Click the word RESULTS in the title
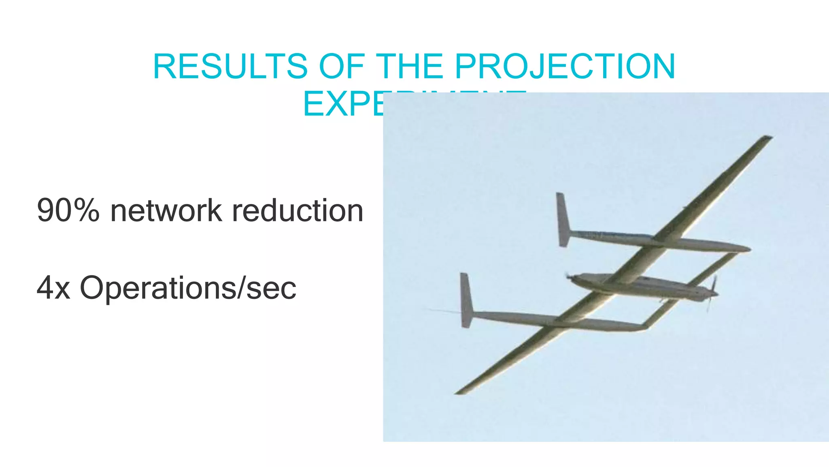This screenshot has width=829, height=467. click(x=230, y=66)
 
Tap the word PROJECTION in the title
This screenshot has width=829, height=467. click(x=565, y=66)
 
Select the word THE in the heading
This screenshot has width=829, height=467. click(x=409, y=66)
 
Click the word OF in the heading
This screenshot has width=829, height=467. click(x=342, y=66)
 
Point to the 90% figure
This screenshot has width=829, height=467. click(x=68, y=211)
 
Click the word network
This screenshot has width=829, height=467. click(x=166, y=211)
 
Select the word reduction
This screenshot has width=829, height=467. click(x=298, y=211)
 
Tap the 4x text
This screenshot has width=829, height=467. click(x=53, y=288)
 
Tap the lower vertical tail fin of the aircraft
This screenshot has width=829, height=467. click(x=466, y=300)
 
